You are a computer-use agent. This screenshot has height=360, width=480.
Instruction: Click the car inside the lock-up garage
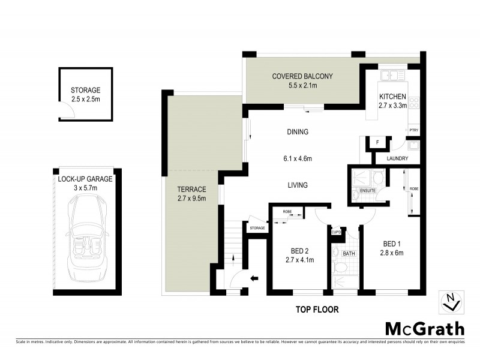[x=85, y=239]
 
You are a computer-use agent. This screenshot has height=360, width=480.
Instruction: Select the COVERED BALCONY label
[x=302, y=80]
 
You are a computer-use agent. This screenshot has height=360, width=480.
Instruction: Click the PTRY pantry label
[x=413, y=129]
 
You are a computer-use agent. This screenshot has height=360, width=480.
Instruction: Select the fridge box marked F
[x=377, y=142]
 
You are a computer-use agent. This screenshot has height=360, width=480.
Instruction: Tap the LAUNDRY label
[x=397, y=159]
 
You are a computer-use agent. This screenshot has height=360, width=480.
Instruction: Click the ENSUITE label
[x=368, y=191]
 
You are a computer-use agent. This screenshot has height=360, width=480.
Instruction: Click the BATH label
[x=349, y=254]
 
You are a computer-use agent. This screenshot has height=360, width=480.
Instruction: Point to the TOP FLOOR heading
[x=317, y=310]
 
